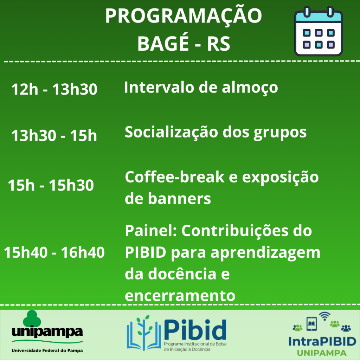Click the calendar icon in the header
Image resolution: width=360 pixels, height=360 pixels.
[x=319, y=31]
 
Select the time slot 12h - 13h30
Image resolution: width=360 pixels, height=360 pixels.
[x=54, y=89]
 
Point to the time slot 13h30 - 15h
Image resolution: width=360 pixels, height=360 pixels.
[x=54, y=135]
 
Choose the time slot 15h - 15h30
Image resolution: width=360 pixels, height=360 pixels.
[x=51, y=185]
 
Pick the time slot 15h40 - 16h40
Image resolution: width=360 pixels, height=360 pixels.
[x=54, y=252]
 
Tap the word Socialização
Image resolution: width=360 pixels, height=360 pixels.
[x=171, y=133]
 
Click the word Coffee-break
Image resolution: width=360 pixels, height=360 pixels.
[x=174, y=177]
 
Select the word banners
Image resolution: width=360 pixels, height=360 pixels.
[x=179, y=198]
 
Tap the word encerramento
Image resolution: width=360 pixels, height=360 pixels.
[x=180, y=295]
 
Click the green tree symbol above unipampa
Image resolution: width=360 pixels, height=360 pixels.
[x=32, y=318]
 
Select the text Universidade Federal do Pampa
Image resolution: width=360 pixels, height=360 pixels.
[x=47, y=351]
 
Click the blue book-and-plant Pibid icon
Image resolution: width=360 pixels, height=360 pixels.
[x=144, y=333]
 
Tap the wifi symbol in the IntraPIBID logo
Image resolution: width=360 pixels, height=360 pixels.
[x=324, y=316]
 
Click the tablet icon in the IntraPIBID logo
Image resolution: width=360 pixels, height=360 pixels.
[x=311, y=324]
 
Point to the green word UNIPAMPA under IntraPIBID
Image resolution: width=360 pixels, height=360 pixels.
[x=322, y=353]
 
